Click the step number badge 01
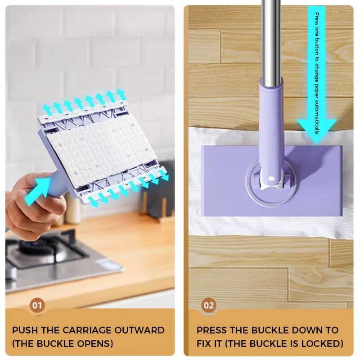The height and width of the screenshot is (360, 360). [x=37, y=306]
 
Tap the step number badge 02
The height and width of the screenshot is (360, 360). [x=208, y=306]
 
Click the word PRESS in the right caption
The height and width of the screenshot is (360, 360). [x=211, y=330]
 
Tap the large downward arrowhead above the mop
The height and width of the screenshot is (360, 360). [x=317, y=129]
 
